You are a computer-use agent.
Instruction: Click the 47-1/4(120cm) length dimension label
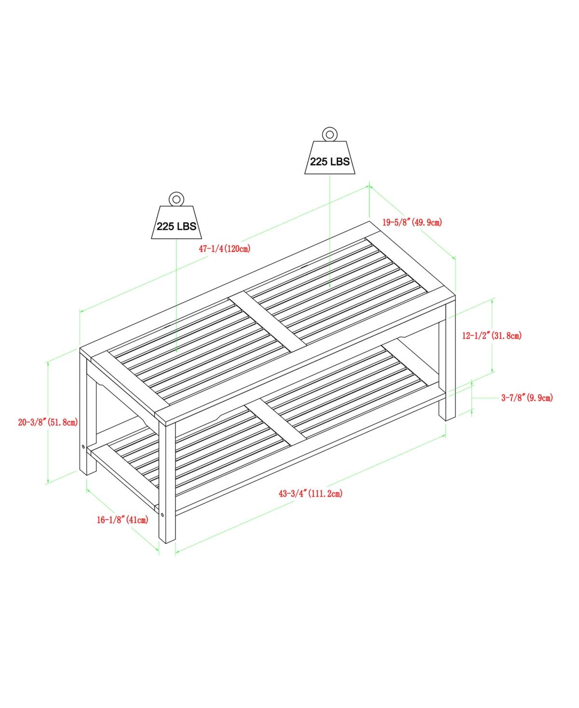[x=224, y=249]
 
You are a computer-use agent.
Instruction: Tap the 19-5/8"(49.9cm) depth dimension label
[x=412, y=222]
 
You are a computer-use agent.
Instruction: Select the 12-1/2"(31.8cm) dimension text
[x=492, y=335]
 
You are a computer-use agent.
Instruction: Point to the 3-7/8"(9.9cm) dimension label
[x=527, y=398]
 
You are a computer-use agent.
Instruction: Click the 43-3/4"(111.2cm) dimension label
[x=310, y=494]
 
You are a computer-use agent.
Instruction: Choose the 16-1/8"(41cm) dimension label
[x=123, y=520]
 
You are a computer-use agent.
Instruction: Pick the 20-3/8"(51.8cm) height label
[x=48, y=422]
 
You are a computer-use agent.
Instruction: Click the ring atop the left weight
[x=177, y=199]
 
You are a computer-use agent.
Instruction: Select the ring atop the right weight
[x=330, y=134]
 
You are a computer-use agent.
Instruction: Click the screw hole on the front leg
[x=163, y=514]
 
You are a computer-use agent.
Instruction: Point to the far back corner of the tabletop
[x=370, y=222]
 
